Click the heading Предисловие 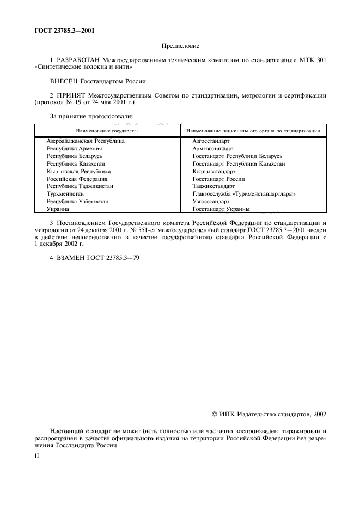[180, 47]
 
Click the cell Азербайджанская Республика [86, 141]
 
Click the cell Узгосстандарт [211, 202]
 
